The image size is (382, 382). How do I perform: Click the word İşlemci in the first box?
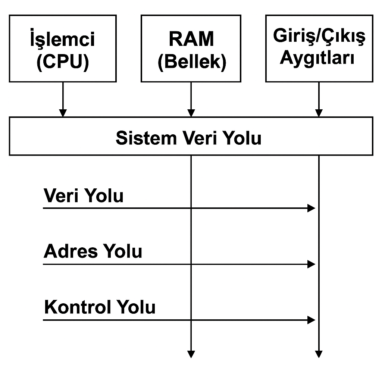coord(63,39)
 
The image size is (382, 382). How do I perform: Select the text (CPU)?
coord(63,62)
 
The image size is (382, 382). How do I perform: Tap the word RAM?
coord(191,39)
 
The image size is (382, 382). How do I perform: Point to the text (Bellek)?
coord(192,62)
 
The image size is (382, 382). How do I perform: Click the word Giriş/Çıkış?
coord(319,36)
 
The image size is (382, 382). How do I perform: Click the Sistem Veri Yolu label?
coord(188,138)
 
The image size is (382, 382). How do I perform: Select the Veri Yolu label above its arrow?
coord(84,195)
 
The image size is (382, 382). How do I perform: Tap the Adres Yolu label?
coord(93,251)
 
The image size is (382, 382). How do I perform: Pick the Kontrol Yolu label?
coord(100,307)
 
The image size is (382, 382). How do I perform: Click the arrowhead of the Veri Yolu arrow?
coord(311,208)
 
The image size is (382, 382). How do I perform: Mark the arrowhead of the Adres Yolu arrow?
coord(311,264)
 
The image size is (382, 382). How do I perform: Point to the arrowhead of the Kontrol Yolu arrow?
coord(311,320)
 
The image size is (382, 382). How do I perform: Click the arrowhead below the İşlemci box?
coord(63,113)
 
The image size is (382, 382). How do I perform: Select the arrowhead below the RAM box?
coord(191,113)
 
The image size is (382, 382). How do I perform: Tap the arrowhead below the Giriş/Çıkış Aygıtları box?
coord(319,113)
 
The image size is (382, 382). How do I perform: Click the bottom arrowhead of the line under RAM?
coord(191,354)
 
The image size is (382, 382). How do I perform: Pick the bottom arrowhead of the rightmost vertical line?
coord(319,354)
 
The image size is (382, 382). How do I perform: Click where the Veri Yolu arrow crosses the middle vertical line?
coord(191,208)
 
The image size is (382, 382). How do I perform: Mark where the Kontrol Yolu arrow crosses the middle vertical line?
coord(191,320)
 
